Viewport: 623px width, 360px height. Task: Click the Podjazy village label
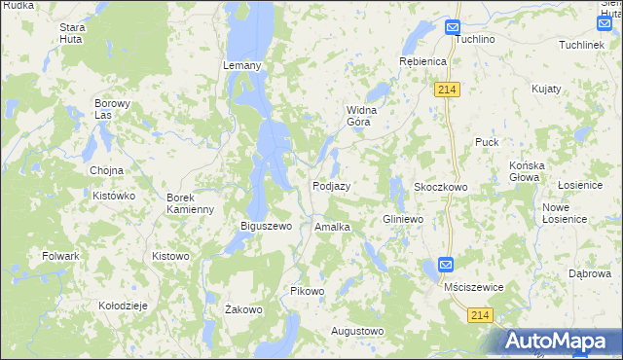331,186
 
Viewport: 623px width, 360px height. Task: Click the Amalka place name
332,227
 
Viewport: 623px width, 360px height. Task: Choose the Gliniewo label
403,220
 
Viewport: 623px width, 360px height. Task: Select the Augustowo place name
357,331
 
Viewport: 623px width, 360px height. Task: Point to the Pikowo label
308,291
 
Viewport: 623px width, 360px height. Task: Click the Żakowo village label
244,310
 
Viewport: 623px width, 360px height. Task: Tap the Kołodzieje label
123,305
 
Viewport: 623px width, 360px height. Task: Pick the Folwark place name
60,256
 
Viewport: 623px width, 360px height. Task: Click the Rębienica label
422,61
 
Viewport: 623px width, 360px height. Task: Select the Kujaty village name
546,89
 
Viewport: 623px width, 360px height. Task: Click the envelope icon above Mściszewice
446,265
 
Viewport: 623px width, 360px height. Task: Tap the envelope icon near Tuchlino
453,28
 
